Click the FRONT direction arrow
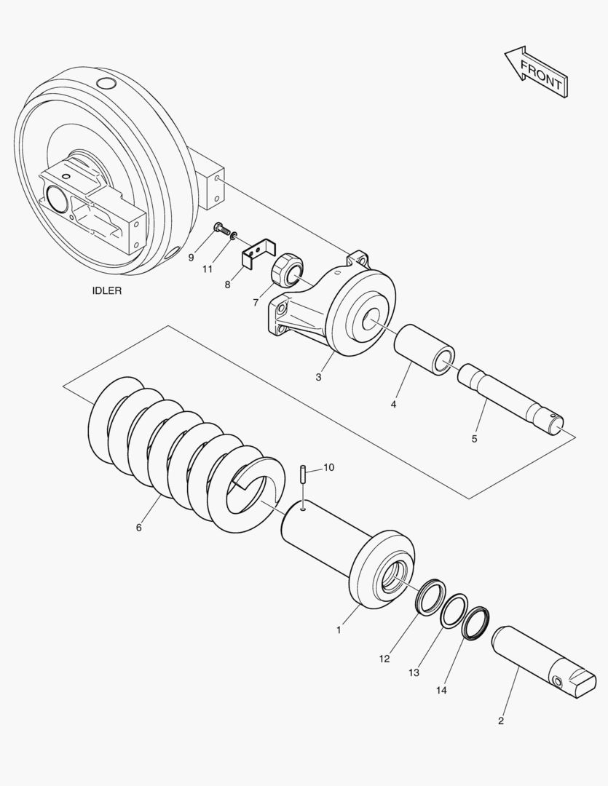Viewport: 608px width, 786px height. [x=536, y=73]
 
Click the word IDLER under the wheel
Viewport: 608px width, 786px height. [x=106, y=290]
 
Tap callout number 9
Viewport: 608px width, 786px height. [x=191, y=257]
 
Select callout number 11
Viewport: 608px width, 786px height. [x=208, y=269]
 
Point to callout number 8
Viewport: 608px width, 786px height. [x=227, y=285]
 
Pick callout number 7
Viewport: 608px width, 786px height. [x=256, y=301]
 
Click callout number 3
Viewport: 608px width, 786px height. [x=318, y=377]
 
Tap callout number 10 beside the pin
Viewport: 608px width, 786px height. [x=328, y=467]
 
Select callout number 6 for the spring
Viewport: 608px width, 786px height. [x=138, y=527]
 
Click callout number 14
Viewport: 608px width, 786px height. [x=441, y=688]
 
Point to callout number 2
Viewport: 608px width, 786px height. [x=500, y=721]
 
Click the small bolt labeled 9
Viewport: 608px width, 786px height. [x=219, y=231]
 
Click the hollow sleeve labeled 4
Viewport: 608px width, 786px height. [x=425, y=349]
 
